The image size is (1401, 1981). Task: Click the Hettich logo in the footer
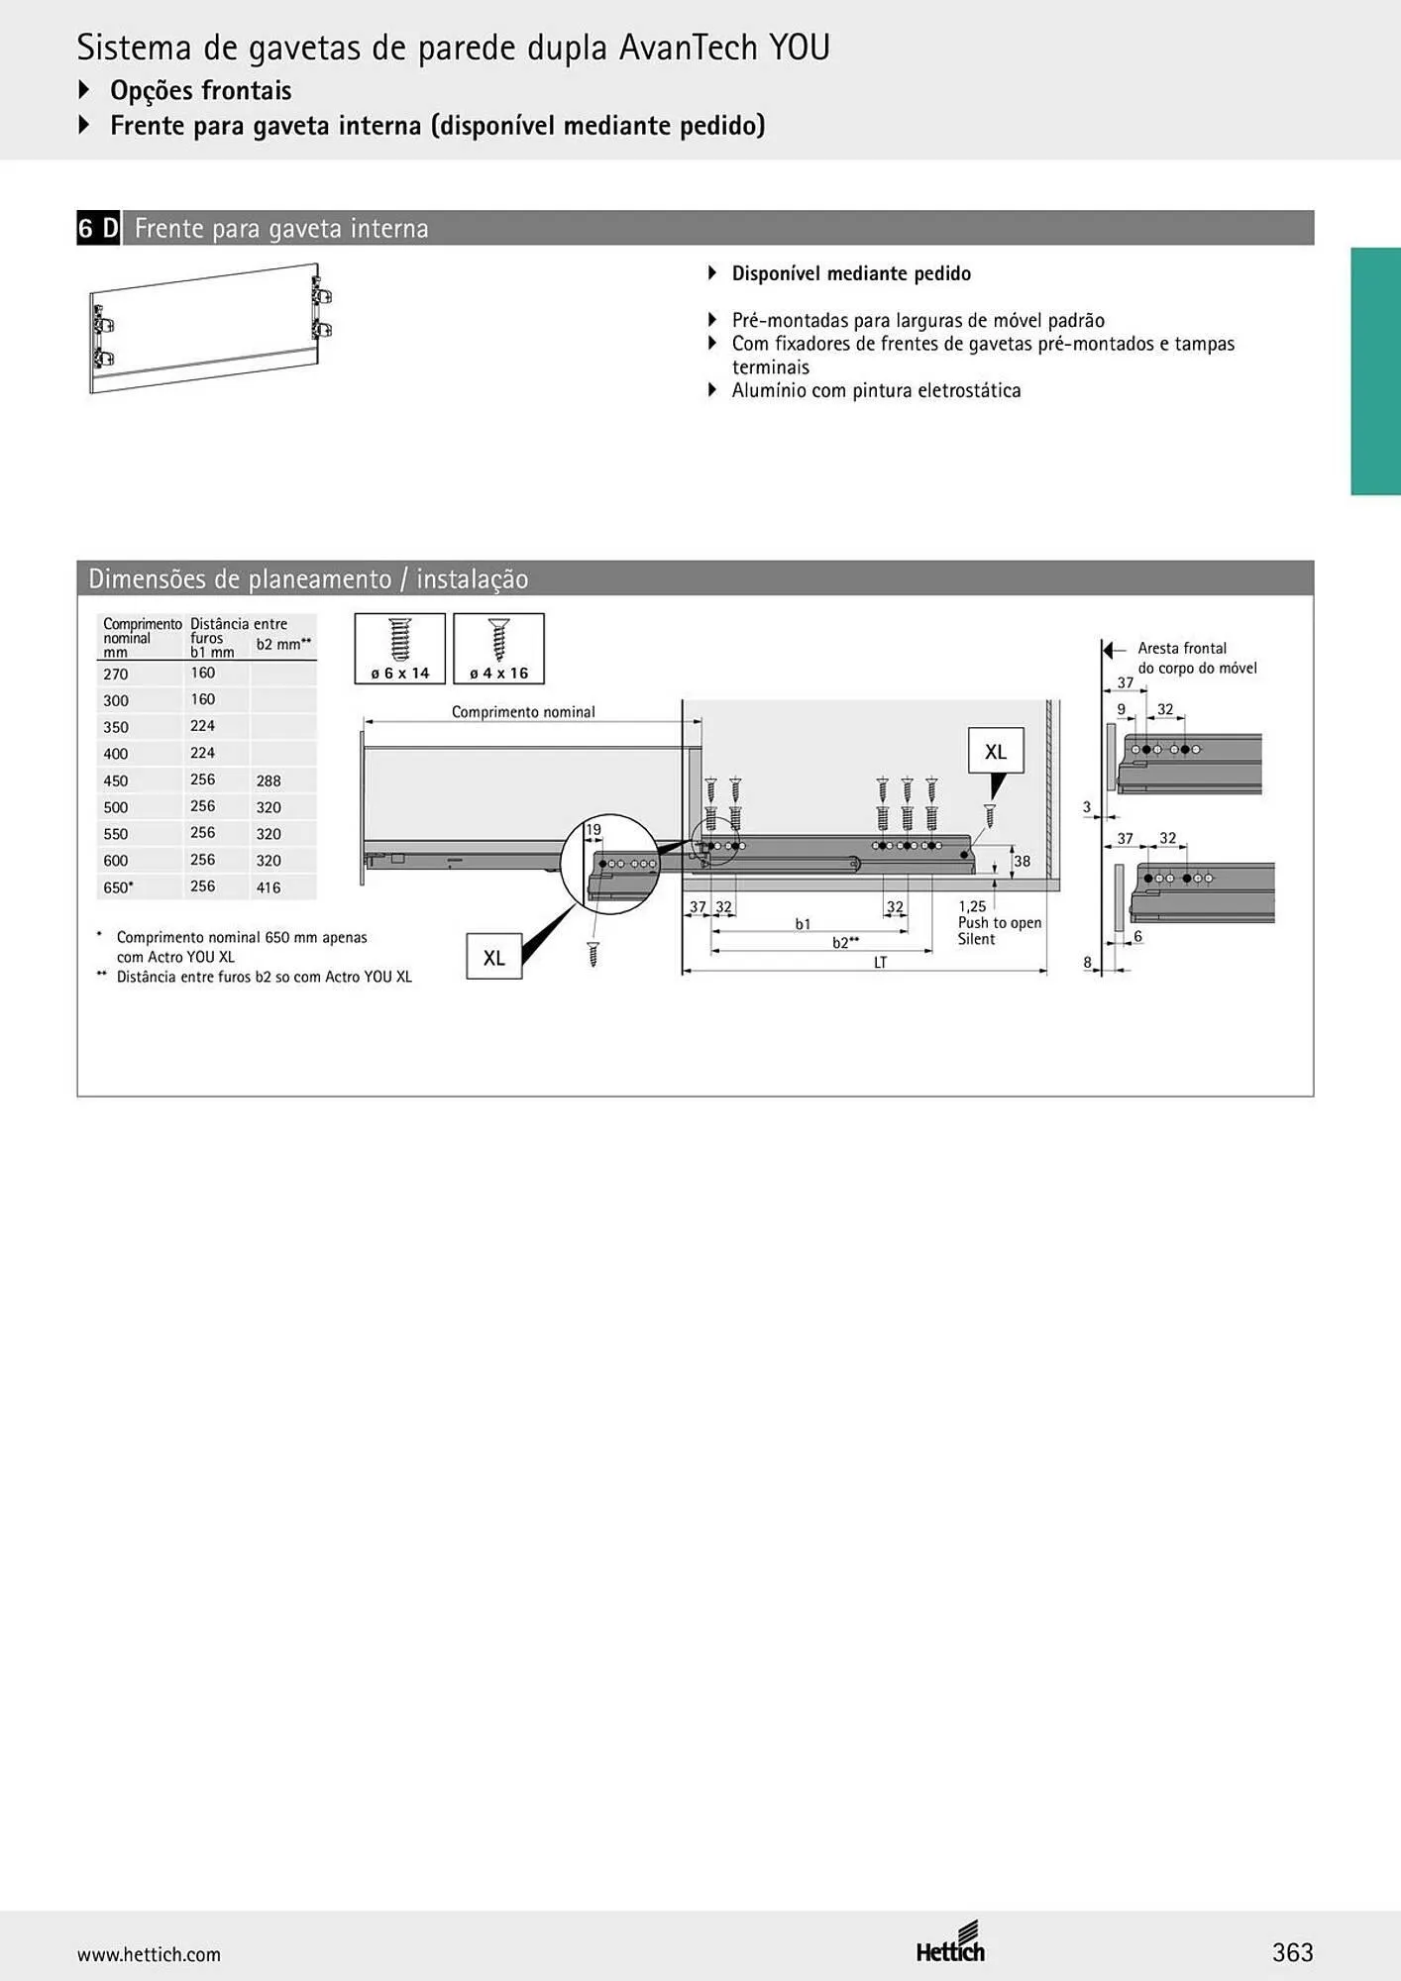pyautogui.click(x=950, y=1943)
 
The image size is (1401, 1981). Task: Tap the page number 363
pyautogui.click(x=1293, y=1952)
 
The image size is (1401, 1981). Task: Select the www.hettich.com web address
pyautogui.click(x=149, y=1954)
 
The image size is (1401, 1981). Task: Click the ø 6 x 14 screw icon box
pyautogui.click(x=400, y=649)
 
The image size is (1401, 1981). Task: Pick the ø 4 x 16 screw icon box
pyautogui.click(x=499, y=649)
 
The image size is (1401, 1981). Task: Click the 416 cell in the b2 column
pyautogui.click(x=269, y=887)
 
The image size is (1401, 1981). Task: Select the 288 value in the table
pyautogui.click(x=269, y=781)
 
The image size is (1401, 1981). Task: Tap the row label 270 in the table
pyautogui.click(x=116, y=675)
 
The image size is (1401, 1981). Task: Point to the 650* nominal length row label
pyautogui.click(x=118, y=887)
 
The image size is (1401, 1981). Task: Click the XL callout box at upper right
pyautogui.click(x=996, y=752)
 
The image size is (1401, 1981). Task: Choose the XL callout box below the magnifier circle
pyautogui.click(x=494, y=958)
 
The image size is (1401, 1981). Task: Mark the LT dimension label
pyautogui.click(x=880, y=962)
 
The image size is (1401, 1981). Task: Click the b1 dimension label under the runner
pyautogui.click(x=803, y=924)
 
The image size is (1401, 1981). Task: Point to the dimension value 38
pyautogui.click(x=1022, y=862)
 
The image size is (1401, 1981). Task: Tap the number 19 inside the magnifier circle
pyautogui.click(x=593, y=830)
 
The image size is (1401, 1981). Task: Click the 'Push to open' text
pyautogui.click(x=1000, y=923)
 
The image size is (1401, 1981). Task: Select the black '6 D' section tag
pyautogui.click(x=98, y=228)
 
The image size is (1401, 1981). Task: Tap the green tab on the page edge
pyautogui.click(x=1376, y=371)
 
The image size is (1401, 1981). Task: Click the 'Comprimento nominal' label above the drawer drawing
pyautogui.click(x=523, y=712)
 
